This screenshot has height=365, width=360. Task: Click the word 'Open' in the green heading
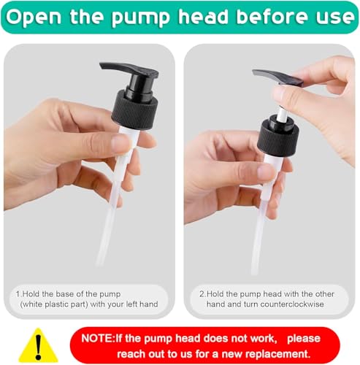click(x=34, y=17)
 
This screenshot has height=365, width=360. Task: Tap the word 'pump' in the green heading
click(x=140, y=18)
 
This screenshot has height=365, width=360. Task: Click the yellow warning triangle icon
click(x=38, y=346)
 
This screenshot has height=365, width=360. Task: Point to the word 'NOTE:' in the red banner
click(x=98, y=339)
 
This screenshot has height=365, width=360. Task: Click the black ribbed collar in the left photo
click(x=135, y=109)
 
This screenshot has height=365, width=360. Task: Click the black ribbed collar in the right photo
click(x=278, y=139)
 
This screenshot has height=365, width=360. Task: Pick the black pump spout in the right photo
click(x=278, y=78)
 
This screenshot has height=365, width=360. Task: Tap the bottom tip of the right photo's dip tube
click(x=254, y=273)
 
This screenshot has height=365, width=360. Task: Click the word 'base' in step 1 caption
click(x=65, y=294)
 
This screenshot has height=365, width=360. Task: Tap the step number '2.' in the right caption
click(x=202, y=294)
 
